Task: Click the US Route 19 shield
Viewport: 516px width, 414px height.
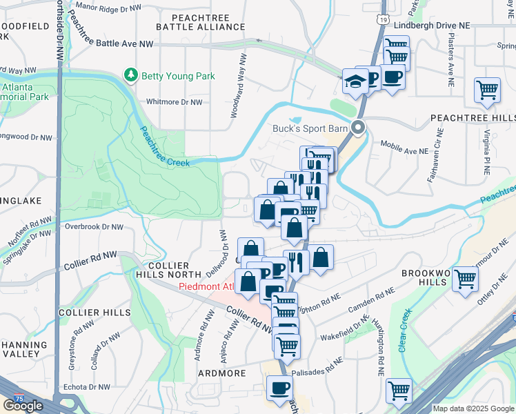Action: point(381,21)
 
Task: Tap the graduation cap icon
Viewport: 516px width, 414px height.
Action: point(355,82)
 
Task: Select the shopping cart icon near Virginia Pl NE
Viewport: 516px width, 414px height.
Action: point(487,90)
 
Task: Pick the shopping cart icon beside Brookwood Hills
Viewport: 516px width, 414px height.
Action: point(465,279)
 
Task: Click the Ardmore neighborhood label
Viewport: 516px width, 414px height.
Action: point(222,373)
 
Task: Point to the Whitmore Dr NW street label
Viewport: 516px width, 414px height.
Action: point(174,102)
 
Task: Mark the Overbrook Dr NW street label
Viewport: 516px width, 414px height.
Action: point(94,226)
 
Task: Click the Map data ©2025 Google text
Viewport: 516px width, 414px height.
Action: point(473,408)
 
